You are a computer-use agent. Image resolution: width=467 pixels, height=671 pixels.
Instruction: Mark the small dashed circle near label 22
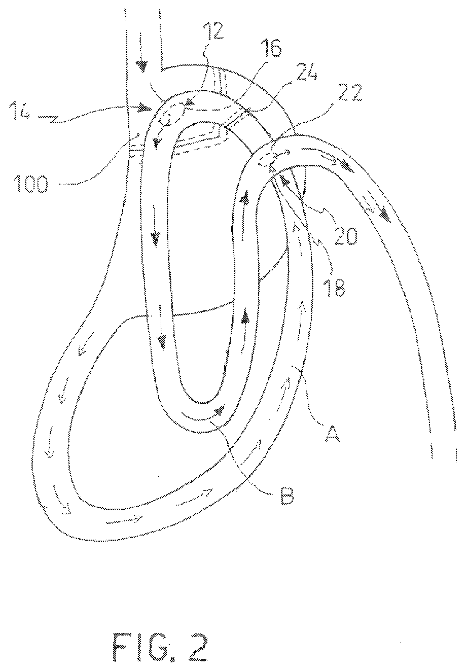pyautogui.click(x=268, y=161)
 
